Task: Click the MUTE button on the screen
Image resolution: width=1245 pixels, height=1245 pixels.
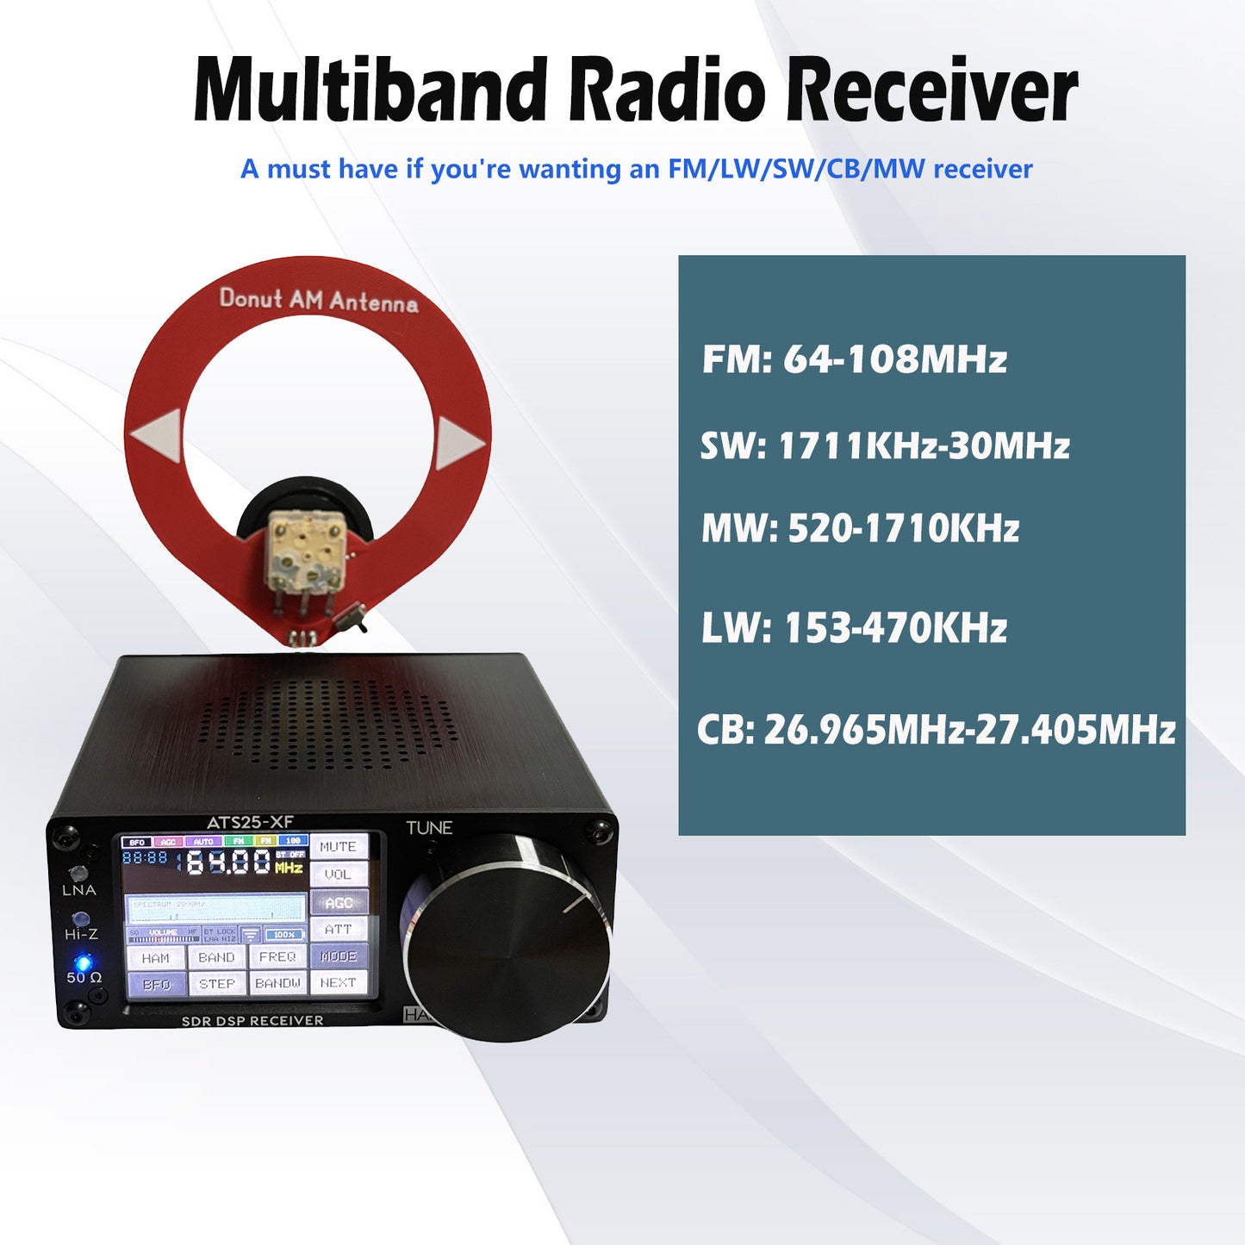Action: tap(338, 847)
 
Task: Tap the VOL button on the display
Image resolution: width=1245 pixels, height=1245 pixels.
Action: tap(338, 875)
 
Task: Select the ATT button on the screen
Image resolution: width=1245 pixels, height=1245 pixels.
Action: tap(338, 929)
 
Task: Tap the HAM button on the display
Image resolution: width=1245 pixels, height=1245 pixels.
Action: tap(156, 957)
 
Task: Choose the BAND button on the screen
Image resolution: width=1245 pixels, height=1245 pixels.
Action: tap(216, 957)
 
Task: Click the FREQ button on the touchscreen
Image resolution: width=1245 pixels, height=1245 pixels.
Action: tap(277, 957)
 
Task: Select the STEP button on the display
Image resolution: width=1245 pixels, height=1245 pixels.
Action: tap(216, 983)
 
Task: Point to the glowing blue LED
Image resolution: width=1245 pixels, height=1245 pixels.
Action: tap(84, 962)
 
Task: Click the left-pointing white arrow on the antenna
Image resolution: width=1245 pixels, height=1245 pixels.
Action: tap(159, 435)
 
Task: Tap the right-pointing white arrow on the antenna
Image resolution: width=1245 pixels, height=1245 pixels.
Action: tap(458, 443)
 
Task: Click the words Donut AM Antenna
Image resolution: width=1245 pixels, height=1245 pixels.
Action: tap(319, 300)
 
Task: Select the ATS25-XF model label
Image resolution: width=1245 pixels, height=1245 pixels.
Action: tap(250, 822)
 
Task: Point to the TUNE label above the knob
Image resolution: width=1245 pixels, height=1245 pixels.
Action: tap(429, 828)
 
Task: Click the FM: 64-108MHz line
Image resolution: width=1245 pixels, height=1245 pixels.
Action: tap(854, 359)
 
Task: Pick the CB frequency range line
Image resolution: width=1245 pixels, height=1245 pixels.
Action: tap(936, 730)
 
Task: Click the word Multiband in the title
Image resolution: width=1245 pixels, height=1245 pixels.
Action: tap(370, 90)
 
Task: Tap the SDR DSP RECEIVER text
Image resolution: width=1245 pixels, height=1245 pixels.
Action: tap(252, 1020)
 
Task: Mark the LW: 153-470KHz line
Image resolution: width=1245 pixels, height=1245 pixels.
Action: tap(854, 628)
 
